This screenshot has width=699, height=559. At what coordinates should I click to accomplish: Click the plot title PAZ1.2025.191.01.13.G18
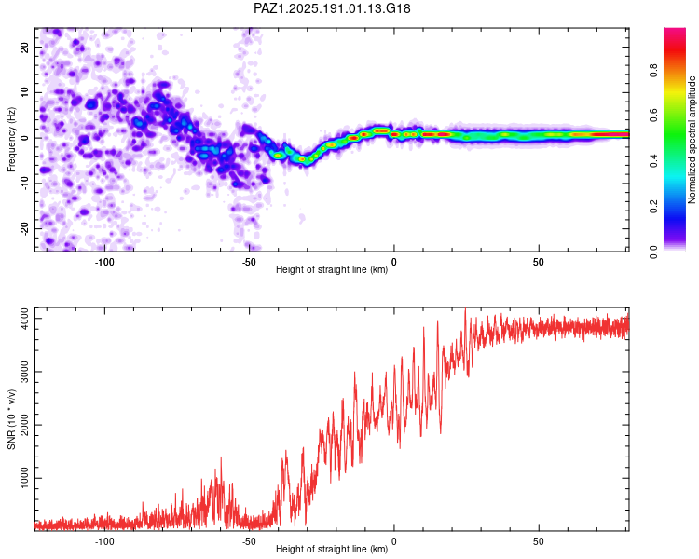pyautogui.click(x=332, y=8)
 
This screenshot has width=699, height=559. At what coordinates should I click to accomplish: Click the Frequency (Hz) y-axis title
pyautogui.click(x=11, y=140)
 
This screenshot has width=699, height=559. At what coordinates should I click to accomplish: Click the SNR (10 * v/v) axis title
pyautogui.click(x=11, y=419)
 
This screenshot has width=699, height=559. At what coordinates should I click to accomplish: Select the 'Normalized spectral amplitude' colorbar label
pyautogui.click(x=692, y=140)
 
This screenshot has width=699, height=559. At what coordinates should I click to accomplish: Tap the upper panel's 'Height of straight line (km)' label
pyautogui.click(x=332, y=269)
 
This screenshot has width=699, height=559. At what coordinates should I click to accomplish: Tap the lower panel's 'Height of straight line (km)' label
pyautogui.click(x=332, y=549)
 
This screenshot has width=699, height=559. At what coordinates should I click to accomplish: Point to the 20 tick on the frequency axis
pyautogui.click(x=24, y=48)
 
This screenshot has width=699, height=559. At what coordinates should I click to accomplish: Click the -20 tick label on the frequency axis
pyautogui.click(x=24, y=228)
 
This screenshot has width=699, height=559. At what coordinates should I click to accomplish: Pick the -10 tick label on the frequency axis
pyautogui.click(x=24, y=184)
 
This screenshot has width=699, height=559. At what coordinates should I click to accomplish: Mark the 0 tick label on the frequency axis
pyautogui.click(x=24, y=138)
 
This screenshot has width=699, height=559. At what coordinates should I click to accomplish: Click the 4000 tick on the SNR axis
pyautogui.click(x=24, y=319)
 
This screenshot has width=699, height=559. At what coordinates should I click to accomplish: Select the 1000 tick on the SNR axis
pyautogui.click(x=24, y=478)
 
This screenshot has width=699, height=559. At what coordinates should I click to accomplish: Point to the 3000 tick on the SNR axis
pyautogui.click(x=24, y=372)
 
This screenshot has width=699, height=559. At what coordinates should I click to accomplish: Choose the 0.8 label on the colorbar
pyautogui.click(x=653, y=71)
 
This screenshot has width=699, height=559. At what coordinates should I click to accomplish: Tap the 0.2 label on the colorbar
pyautogui.click(x=653, y=207)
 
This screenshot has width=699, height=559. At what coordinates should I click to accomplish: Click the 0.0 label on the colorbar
pyautogui.click(x=653, y=252)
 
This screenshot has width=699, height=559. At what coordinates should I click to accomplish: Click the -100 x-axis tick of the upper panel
pyautogui.click(x=104, y=262)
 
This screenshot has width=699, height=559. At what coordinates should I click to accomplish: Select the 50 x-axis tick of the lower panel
pyautogui.click(x=539, y=541)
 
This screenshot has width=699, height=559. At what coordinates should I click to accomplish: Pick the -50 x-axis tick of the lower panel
pyautogui.click(x=249, y=541)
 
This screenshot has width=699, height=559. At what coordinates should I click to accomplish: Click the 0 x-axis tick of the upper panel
pyautogui.click(x=393, y=262)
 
